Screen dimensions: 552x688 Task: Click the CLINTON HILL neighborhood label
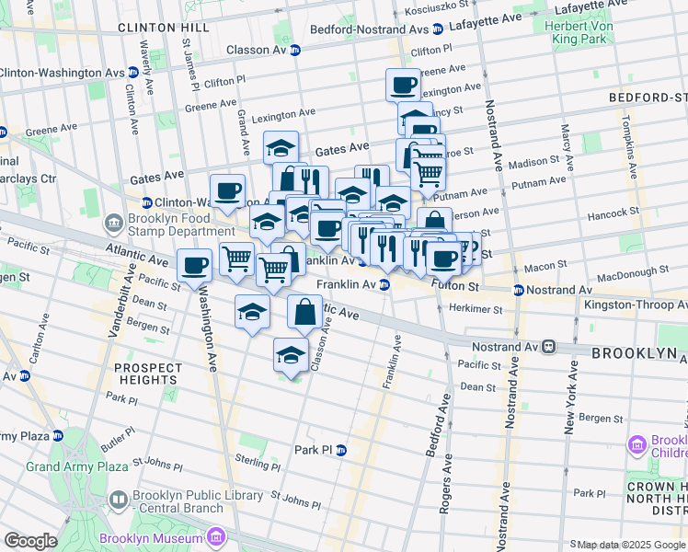pyautogui.click(x=158, y=29)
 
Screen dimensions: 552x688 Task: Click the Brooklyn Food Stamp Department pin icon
pyautogui.click(x=113, y=223)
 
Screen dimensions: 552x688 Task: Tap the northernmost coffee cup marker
pyautogui.click(x=403, y=86)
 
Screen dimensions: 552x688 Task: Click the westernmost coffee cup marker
pyautogui.click(x=194, y=266)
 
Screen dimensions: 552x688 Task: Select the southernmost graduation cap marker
pyautogui.click(x=292, y=355)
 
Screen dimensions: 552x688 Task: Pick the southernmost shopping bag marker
pyautogui.click(x=304, y=313)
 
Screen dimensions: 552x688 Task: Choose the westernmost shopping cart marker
pyautogui.click(x=236, y=260)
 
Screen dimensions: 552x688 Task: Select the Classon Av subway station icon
pyautogui.click(x=294, y=51)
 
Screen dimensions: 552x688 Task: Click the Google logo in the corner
pyautogui.click(x=30, y=541)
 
